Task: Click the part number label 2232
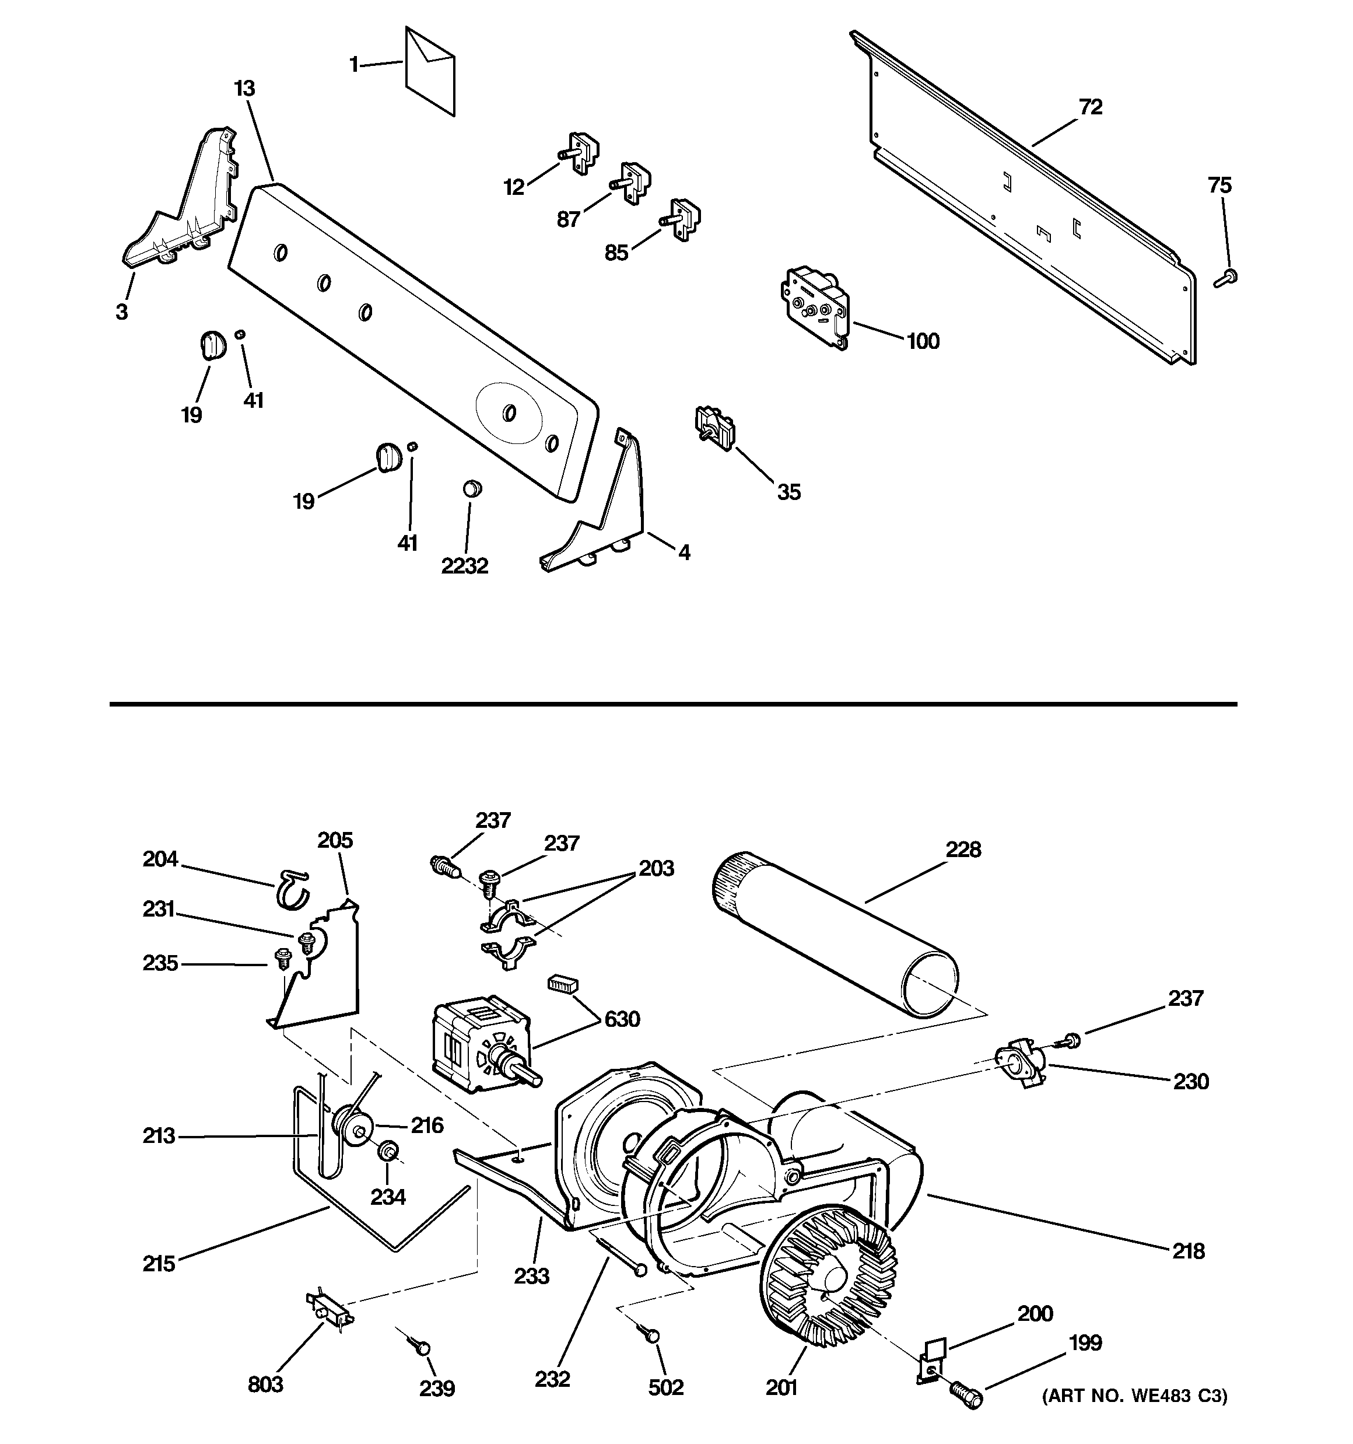[465, 566]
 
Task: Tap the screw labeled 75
[1226, 278]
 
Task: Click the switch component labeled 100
[814, 306]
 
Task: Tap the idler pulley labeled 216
[353, 1128]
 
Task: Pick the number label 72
[1091, 107]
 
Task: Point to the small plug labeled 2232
[472, 487]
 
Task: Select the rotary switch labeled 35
[714, 426]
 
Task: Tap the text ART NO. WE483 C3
[1134, 1396]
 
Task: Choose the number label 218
[1188, 1251]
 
